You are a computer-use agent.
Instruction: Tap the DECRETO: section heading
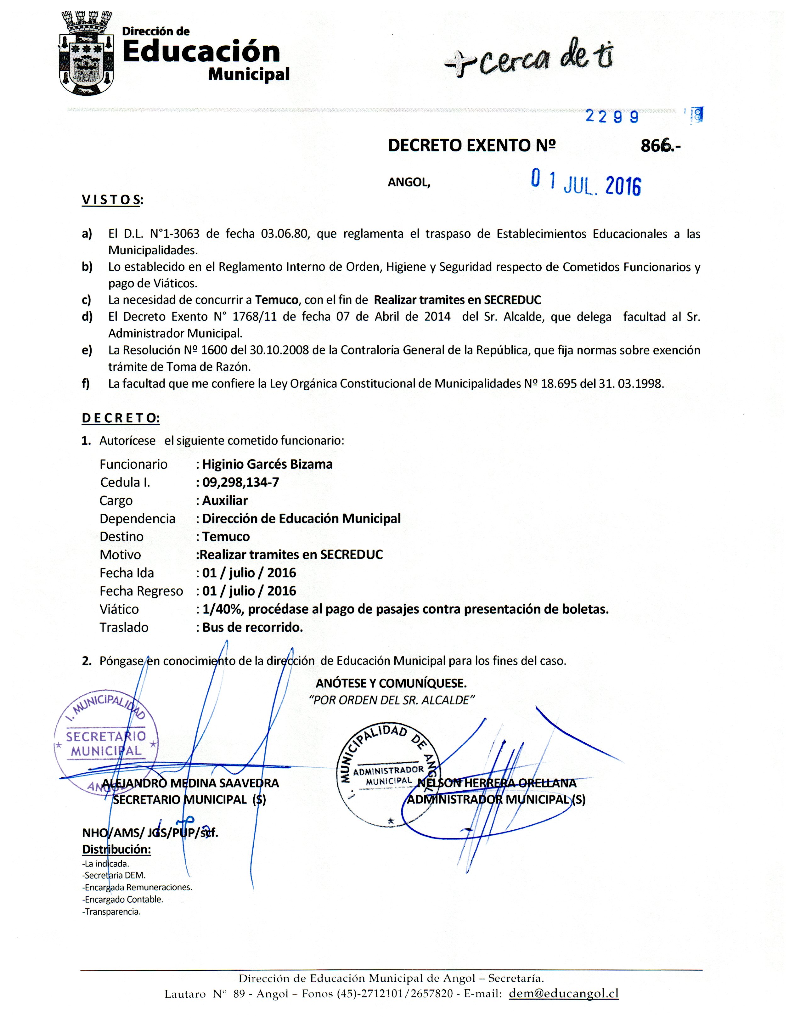coord(121,418)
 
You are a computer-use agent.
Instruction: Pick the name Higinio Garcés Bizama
coord(267,464)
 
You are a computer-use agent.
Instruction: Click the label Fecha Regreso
coord(141,591)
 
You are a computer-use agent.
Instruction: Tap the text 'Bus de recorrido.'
coord(252,628)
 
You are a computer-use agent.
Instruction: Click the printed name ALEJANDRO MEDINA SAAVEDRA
coord(190,783)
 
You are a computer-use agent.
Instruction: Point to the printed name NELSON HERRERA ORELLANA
coord(497,783)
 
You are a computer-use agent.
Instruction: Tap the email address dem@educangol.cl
coord(563,993)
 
